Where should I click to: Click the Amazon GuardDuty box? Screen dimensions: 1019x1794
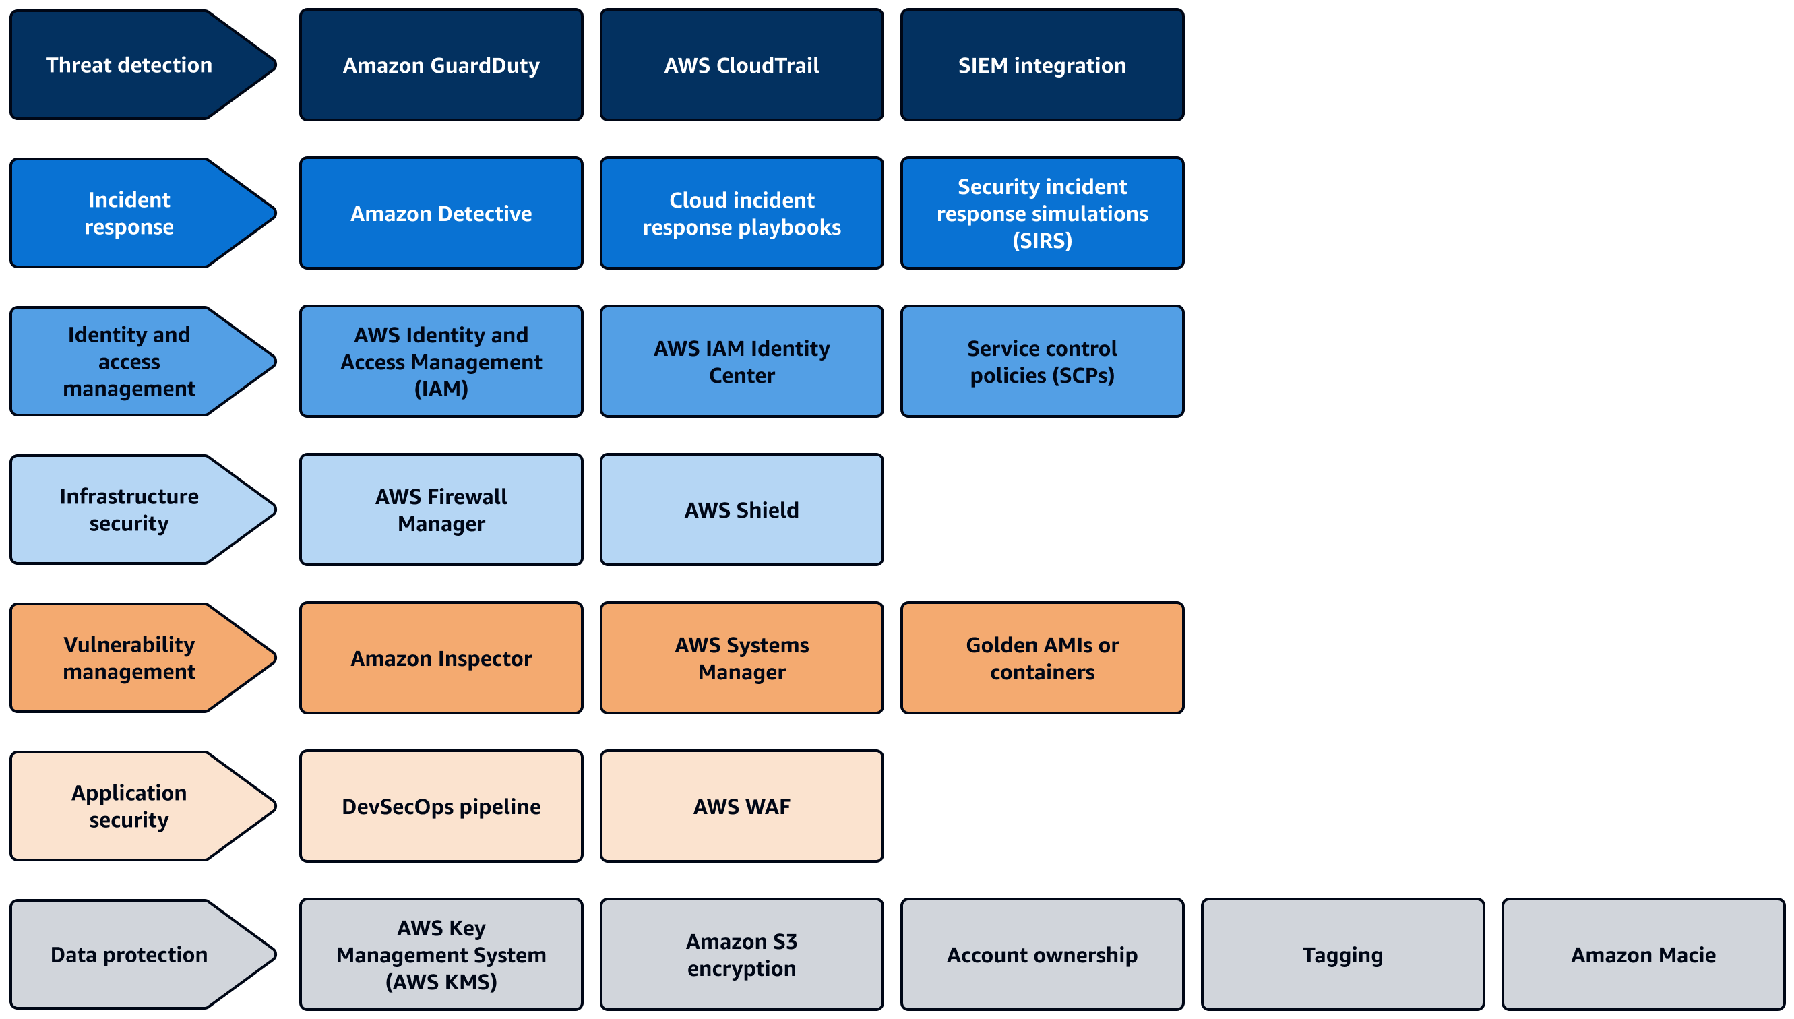441,65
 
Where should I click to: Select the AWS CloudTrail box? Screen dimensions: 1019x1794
742,65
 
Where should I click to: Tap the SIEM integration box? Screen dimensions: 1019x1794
1042,65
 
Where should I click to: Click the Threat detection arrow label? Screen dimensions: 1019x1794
129,65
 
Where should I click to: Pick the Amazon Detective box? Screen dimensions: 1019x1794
441,214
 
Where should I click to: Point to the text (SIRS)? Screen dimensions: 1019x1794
1042,241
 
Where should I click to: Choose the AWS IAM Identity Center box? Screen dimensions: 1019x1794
742,362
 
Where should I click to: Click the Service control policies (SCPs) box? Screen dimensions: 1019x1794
1042,362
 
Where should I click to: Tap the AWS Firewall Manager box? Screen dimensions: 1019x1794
441,510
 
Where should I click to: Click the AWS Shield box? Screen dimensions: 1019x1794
742,510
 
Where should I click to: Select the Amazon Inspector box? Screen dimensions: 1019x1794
441,658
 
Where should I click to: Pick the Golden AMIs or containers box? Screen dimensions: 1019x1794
1042,658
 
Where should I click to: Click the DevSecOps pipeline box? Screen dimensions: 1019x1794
441,807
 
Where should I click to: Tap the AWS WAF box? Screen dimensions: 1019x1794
742,807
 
